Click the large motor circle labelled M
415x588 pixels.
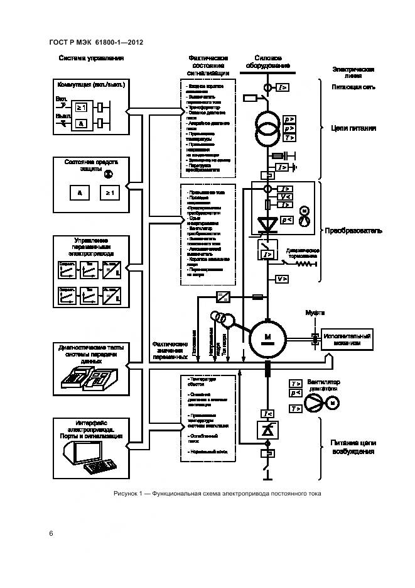tap(267, 338)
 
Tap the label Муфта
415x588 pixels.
tap(314, 312)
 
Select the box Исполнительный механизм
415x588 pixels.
tap(347, 340)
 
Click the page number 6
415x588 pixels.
tap(51, 533)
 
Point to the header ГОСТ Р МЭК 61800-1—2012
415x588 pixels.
tap(96, 43)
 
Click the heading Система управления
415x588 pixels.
tap(91, 58)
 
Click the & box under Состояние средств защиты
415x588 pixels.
tap(80, 192)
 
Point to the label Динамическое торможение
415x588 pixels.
tap(304, 253)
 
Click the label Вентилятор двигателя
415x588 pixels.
tap(323, 386)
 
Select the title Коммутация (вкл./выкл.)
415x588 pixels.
tap(91, 84)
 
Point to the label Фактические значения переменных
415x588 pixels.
tap(170, 350)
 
